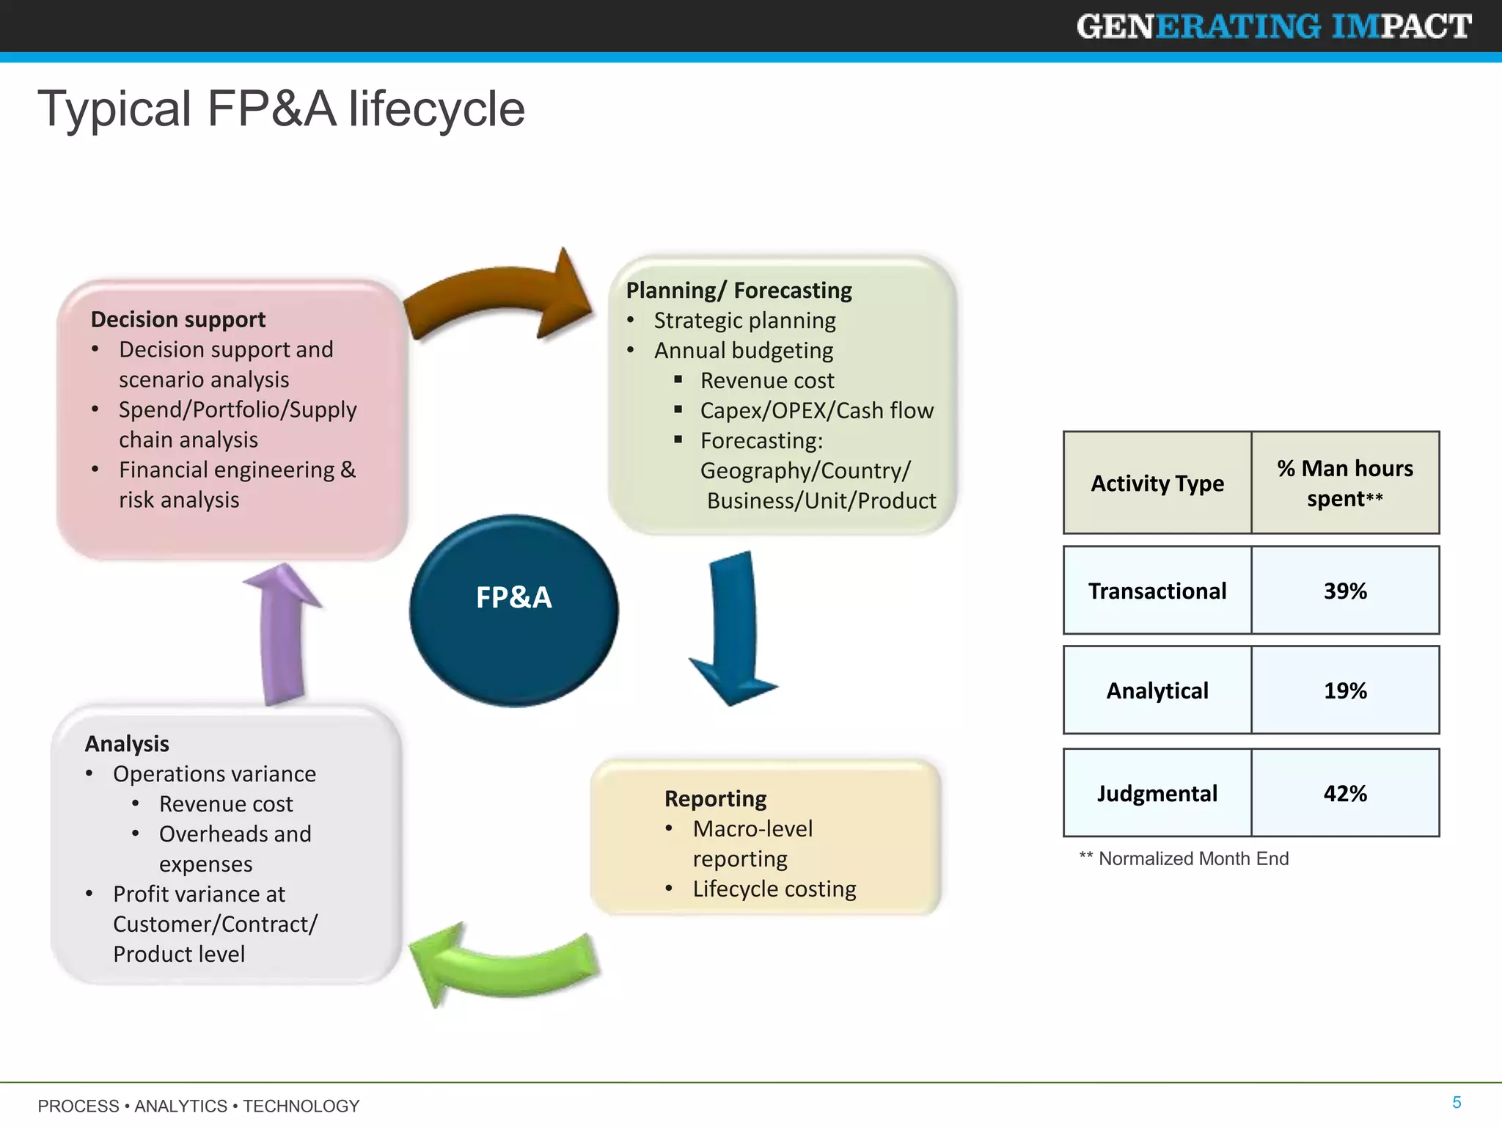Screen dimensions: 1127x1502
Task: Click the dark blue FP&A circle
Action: pyautogui.click(x=513, y=610)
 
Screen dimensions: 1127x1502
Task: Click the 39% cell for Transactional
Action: pyautogui.click(x=1345, y=591)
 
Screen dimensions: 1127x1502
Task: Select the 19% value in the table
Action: pyautogui.click(x=1345, y=690)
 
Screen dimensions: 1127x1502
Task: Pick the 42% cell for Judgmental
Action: pyautogui.click(x=1345, y=793)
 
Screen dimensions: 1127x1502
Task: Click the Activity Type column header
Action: pyautogui.click(x=1157, y=483)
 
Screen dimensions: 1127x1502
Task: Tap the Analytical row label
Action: pyautogui.click(x=1157, y=690)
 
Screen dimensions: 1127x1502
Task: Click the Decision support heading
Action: pyautogui.click(x=178, y=319)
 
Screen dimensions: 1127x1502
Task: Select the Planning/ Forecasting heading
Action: pyautogui.click(x=739, y=290)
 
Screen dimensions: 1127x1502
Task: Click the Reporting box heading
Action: pyautogui.click(x=715, y=798)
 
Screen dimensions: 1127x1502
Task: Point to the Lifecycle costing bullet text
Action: pyautogui.click(x=774, y=889)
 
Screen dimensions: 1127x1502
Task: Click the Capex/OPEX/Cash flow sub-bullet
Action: pyautogui.click(x=816, y=410)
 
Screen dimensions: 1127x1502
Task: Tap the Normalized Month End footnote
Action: pyautogui.click(x=1184, y=858)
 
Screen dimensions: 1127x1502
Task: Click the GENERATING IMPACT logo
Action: pyautogui.click(x=1274, y=26)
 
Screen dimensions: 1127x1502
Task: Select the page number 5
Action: pyautogui.click(x=1457, y=1102)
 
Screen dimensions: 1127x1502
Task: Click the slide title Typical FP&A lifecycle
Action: pyautogui.click(x=282, y=109)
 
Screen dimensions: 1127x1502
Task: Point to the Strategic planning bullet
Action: pyautogui.click(x=744, y=320)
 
